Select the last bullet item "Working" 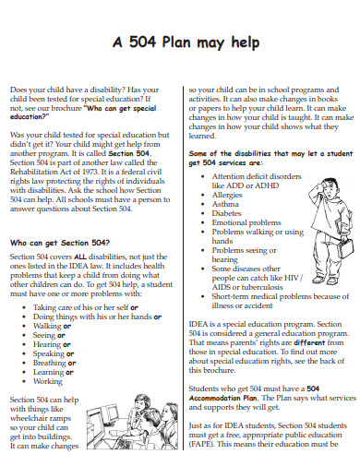(48, 381)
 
